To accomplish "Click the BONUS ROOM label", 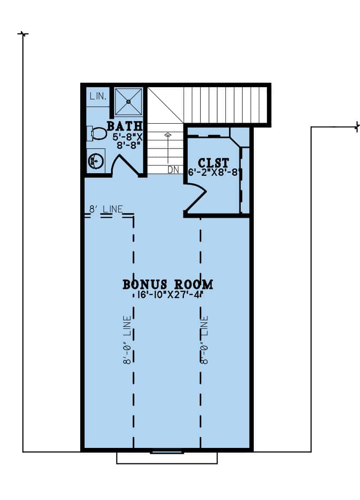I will tap(168, 285).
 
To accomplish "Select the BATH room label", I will tap(124, 126).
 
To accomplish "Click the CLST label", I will tap(213, 163).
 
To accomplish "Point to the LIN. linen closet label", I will tap(98, 97).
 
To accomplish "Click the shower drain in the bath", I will tap(128, 102).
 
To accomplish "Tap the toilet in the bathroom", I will tap(98, 134).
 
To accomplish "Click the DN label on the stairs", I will tap(173, 170).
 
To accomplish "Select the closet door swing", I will tap(197, 197).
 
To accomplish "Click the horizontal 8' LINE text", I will tap(106, 209).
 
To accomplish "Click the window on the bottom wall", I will tap(167, 452).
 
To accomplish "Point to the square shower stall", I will tap(128, 102).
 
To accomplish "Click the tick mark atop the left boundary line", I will tap(23, 33).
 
